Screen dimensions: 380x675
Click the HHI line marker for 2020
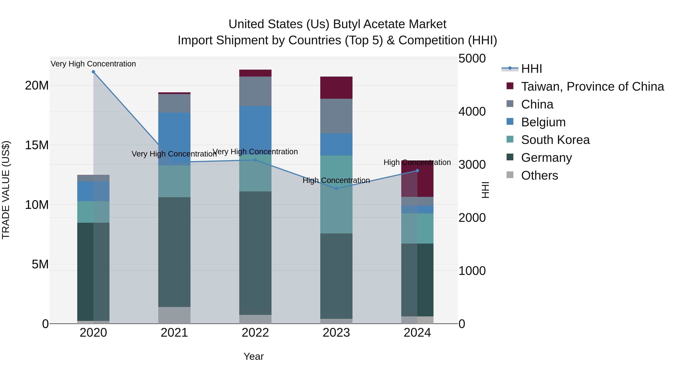(93, 72)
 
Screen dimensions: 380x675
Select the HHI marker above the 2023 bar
(336, 189)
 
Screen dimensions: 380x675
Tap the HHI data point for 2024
(417, 171)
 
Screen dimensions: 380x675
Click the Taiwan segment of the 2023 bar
(336, 88)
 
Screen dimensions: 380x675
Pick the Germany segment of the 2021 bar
(174, 252)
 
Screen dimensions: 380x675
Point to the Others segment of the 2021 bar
(174, 315)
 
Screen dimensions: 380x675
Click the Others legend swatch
(510, 175)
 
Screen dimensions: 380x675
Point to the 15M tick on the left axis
(37, 145)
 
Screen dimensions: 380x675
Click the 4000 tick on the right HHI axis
(472, 111)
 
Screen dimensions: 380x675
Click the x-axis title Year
(253, 356)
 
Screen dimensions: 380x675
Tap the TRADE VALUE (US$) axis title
(6, 190)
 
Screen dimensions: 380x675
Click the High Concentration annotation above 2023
(336, 180)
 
